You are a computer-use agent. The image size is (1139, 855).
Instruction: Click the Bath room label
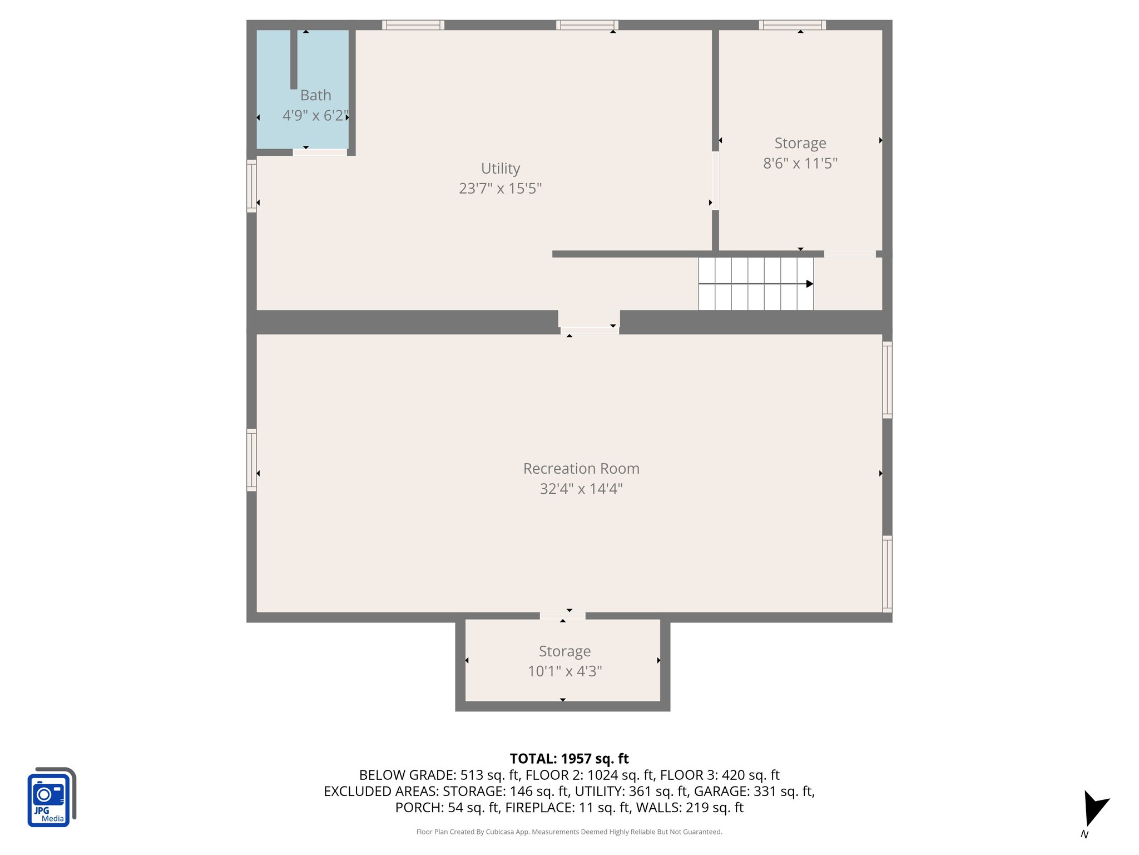(x=315, y=95)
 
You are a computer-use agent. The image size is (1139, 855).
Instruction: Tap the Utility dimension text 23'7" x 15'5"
(x=500, y=188)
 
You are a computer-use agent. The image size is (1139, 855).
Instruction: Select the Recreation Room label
(x=581, y=469)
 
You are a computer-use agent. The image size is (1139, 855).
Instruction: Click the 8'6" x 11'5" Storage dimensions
(x=800, y=163)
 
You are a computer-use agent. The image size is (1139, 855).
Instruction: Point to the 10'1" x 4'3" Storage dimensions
(x=564, y=671)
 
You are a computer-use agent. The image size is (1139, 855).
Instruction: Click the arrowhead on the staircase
(x=810, y=284)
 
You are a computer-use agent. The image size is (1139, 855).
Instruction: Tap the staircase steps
(x=751, y=284)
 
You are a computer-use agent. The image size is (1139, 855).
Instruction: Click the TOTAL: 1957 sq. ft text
(x=569, y=759)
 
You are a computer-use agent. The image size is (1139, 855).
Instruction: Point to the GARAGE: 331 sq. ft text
(x=754, y=791)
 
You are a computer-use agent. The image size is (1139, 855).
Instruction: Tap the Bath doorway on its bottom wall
(x=320, y=152)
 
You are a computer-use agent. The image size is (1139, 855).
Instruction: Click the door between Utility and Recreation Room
(x=590, y=331)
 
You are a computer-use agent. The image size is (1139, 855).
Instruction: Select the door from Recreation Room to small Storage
(x=562, y=616)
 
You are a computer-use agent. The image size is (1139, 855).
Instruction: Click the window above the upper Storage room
(x=792, y=24)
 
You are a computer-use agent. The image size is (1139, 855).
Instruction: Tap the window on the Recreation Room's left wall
(x=251, y=460)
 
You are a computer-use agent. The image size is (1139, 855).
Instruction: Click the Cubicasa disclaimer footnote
(x=569, y=832)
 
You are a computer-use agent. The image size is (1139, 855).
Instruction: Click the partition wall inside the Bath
(x=294, y=58)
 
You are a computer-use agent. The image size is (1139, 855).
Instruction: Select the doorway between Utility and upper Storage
(x=715, y=180)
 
